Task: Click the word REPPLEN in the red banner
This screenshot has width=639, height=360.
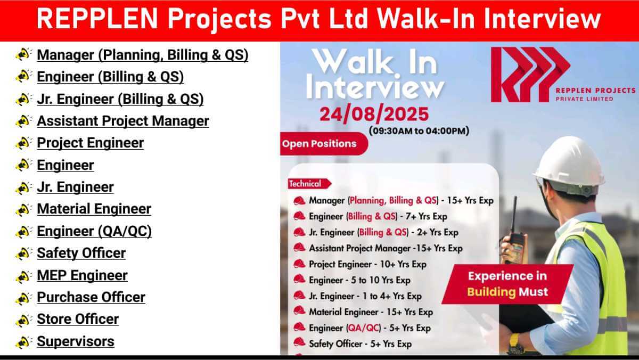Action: [x=97, y=19]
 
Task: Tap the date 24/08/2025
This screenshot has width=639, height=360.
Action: [x=374, y=114]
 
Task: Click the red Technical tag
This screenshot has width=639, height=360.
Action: [x=309, y=184]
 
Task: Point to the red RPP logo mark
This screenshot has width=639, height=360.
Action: [x=530, y=75]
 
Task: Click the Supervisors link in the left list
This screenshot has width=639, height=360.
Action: [x=76, y=341]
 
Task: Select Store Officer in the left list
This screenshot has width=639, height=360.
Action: [x=78, y=319]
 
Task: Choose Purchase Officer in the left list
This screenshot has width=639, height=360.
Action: [x=91, y=297]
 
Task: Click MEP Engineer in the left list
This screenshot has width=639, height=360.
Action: [x=82, y=275]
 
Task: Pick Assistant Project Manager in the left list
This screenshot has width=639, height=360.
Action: [x=123, y=121]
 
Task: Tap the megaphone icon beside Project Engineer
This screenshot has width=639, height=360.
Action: [x=23, y=143]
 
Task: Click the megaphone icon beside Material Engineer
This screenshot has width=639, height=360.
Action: [x=23, y=209]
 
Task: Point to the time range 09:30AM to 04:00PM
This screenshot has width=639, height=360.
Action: [x=419, y=131]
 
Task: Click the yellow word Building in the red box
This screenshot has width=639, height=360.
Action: [x=491, y=292]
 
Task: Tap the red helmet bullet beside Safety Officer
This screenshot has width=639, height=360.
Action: [x=299, y=342]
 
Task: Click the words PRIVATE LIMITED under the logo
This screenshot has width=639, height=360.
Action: [x=584, y=99]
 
